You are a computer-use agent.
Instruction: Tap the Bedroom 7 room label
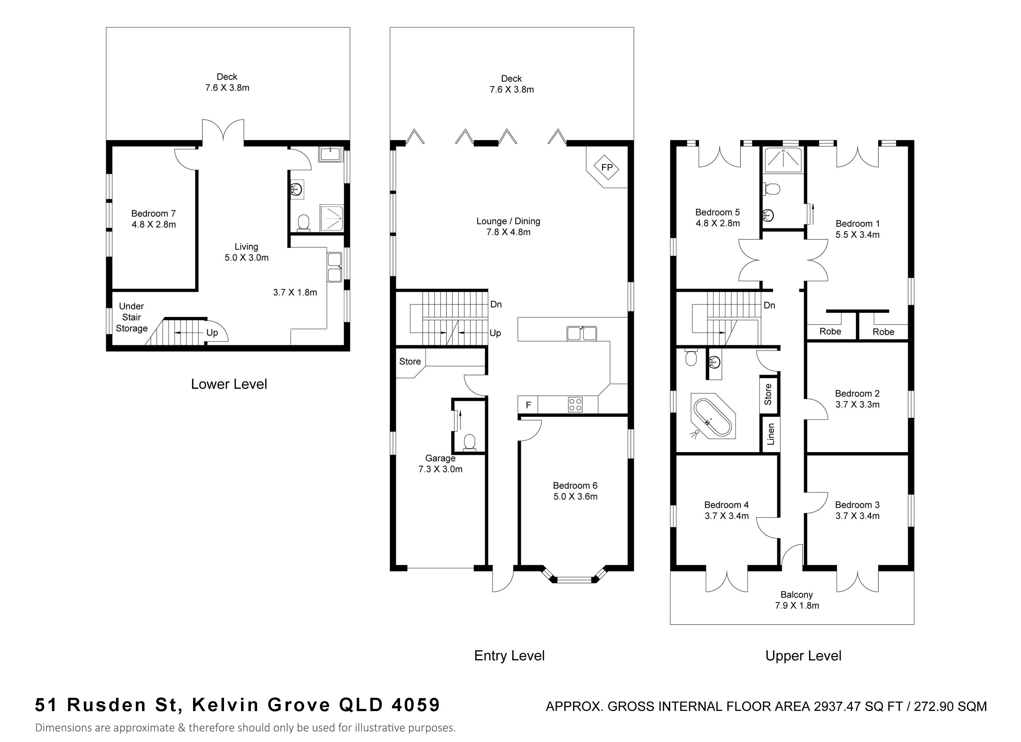(x=153, y=213)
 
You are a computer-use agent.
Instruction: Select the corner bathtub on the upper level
(x=713, y=416)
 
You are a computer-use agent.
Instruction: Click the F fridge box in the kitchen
(x=528, y=405)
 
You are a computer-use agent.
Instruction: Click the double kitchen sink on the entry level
(x=582, y=333)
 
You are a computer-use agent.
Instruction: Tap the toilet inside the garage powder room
(x=470, y=442)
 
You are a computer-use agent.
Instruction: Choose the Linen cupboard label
(x=771, y=434)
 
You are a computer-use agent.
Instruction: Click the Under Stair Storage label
(x=131, y=317)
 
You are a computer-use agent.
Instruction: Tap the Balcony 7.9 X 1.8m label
(x=797, y=600)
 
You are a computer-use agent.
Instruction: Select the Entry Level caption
(x=509, y=656)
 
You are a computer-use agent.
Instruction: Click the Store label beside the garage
(x=410, y=361)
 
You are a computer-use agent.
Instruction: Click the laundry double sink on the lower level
(x=334, y=267)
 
